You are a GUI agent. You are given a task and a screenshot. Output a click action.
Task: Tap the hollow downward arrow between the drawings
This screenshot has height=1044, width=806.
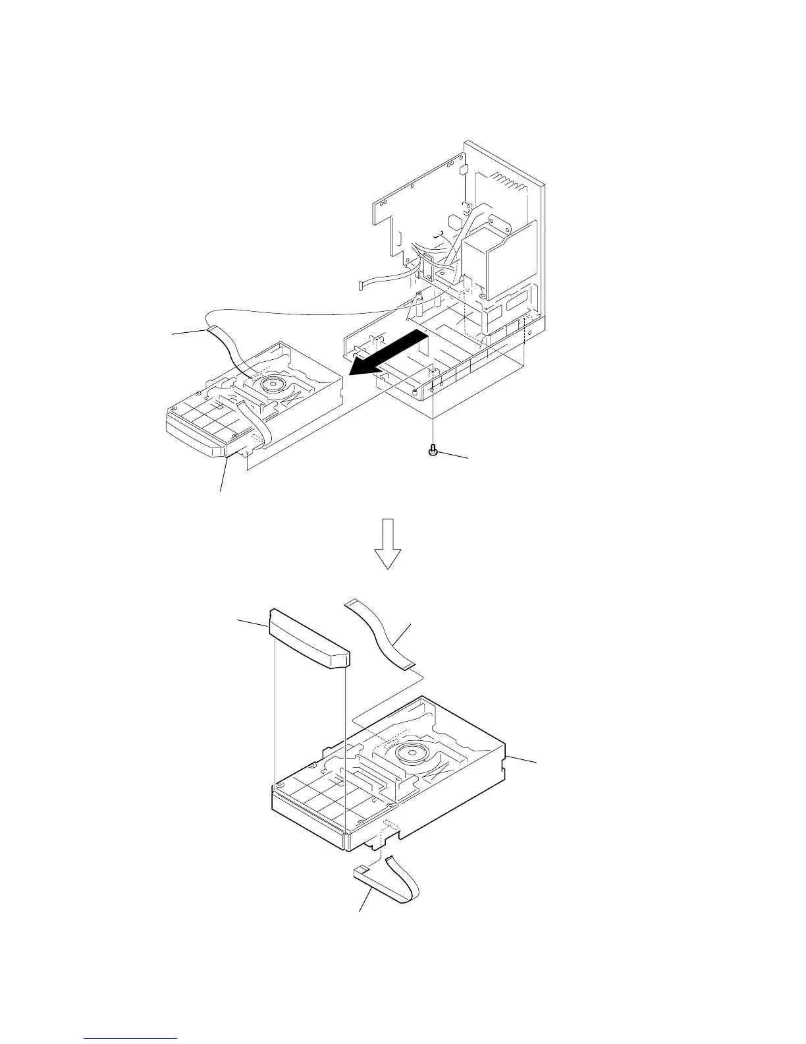pyautogui.click(x=388, y=543)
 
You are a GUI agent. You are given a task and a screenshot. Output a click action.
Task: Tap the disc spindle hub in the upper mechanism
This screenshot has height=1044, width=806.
pyautogui.click(x=271, y=383)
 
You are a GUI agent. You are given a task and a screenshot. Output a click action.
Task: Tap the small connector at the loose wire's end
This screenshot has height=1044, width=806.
pyautogui.click(x=362, y=286)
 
